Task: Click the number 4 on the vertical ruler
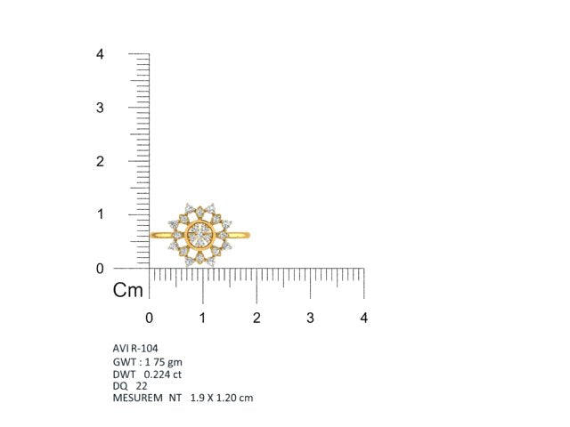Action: pos(100,54)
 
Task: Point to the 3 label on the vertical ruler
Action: pos(100,108)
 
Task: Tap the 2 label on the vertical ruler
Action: pos(100,161)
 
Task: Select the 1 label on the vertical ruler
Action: pos(101,214)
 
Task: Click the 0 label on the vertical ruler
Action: pos(100,269)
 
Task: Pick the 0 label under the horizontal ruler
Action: pos(149,318)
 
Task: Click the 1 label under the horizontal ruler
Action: pos(202,318)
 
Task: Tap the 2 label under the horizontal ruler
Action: pos(256,318)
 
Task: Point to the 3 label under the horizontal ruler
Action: pos(310,318)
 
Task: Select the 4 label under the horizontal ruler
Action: pos(364,318)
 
